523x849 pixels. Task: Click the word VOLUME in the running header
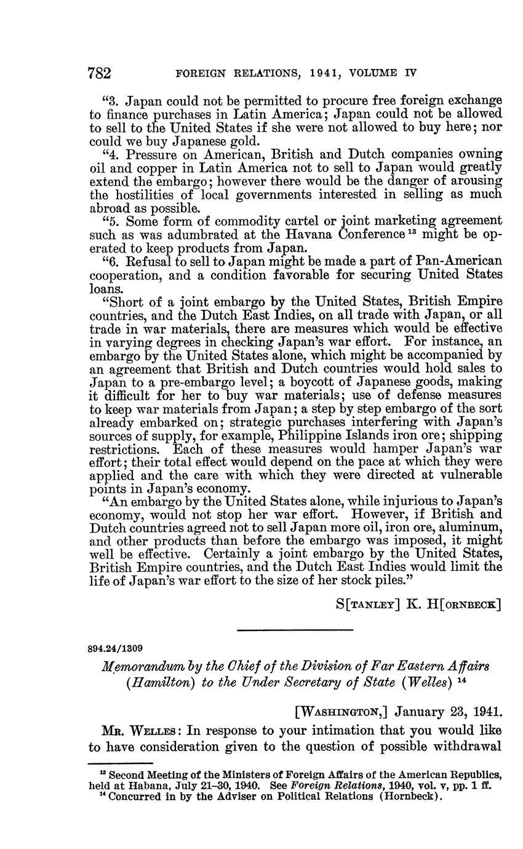pyautogui.click(x=375, y=73)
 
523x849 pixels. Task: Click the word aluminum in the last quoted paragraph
pyautogui.click(x=469, y=528)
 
